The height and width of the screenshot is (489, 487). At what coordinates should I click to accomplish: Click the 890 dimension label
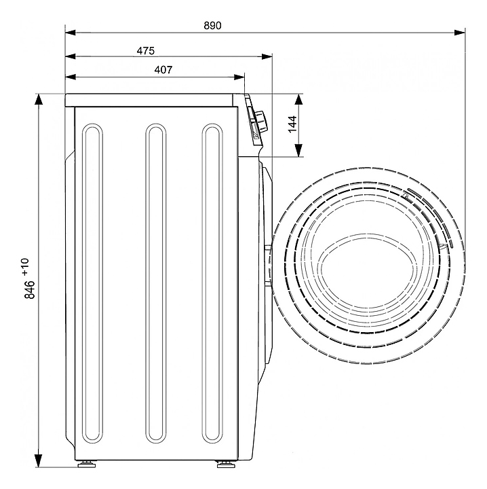(212, 25)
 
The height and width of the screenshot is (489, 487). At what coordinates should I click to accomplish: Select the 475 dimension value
(146, 50)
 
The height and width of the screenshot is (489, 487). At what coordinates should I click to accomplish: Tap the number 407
(163, 69)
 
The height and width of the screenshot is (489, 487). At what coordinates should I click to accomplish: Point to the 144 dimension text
(292, 124)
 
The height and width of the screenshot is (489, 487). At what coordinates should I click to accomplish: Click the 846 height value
(30, 290)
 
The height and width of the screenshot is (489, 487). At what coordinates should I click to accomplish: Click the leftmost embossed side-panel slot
(92, 329)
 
